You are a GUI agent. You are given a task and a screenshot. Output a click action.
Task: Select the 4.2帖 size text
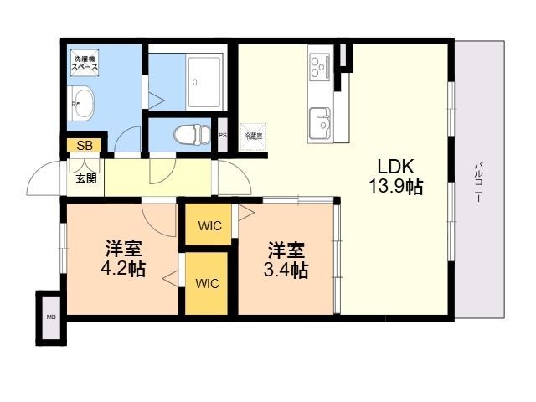123,270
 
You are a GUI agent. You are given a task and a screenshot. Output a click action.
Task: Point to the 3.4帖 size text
286,270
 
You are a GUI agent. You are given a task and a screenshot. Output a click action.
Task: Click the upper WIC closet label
209,224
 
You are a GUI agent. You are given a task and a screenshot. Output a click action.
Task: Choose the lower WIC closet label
208,284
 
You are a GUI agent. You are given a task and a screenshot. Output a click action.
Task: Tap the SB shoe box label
85,146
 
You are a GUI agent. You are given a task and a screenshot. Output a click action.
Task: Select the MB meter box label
50,317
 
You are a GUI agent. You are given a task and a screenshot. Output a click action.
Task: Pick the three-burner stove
319,66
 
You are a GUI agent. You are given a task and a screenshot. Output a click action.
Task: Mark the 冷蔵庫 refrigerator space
253,135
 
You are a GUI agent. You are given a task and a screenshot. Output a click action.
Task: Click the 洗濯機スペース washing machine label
85,62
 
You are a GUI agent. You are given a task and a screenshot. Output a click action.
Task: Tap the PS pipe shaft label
222,134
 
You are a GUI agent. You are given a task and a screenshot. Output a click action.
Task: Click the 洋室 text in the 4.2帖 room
123,250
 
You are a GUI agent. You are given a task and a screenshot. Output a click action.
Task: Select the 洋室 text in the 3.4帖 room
286,250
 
